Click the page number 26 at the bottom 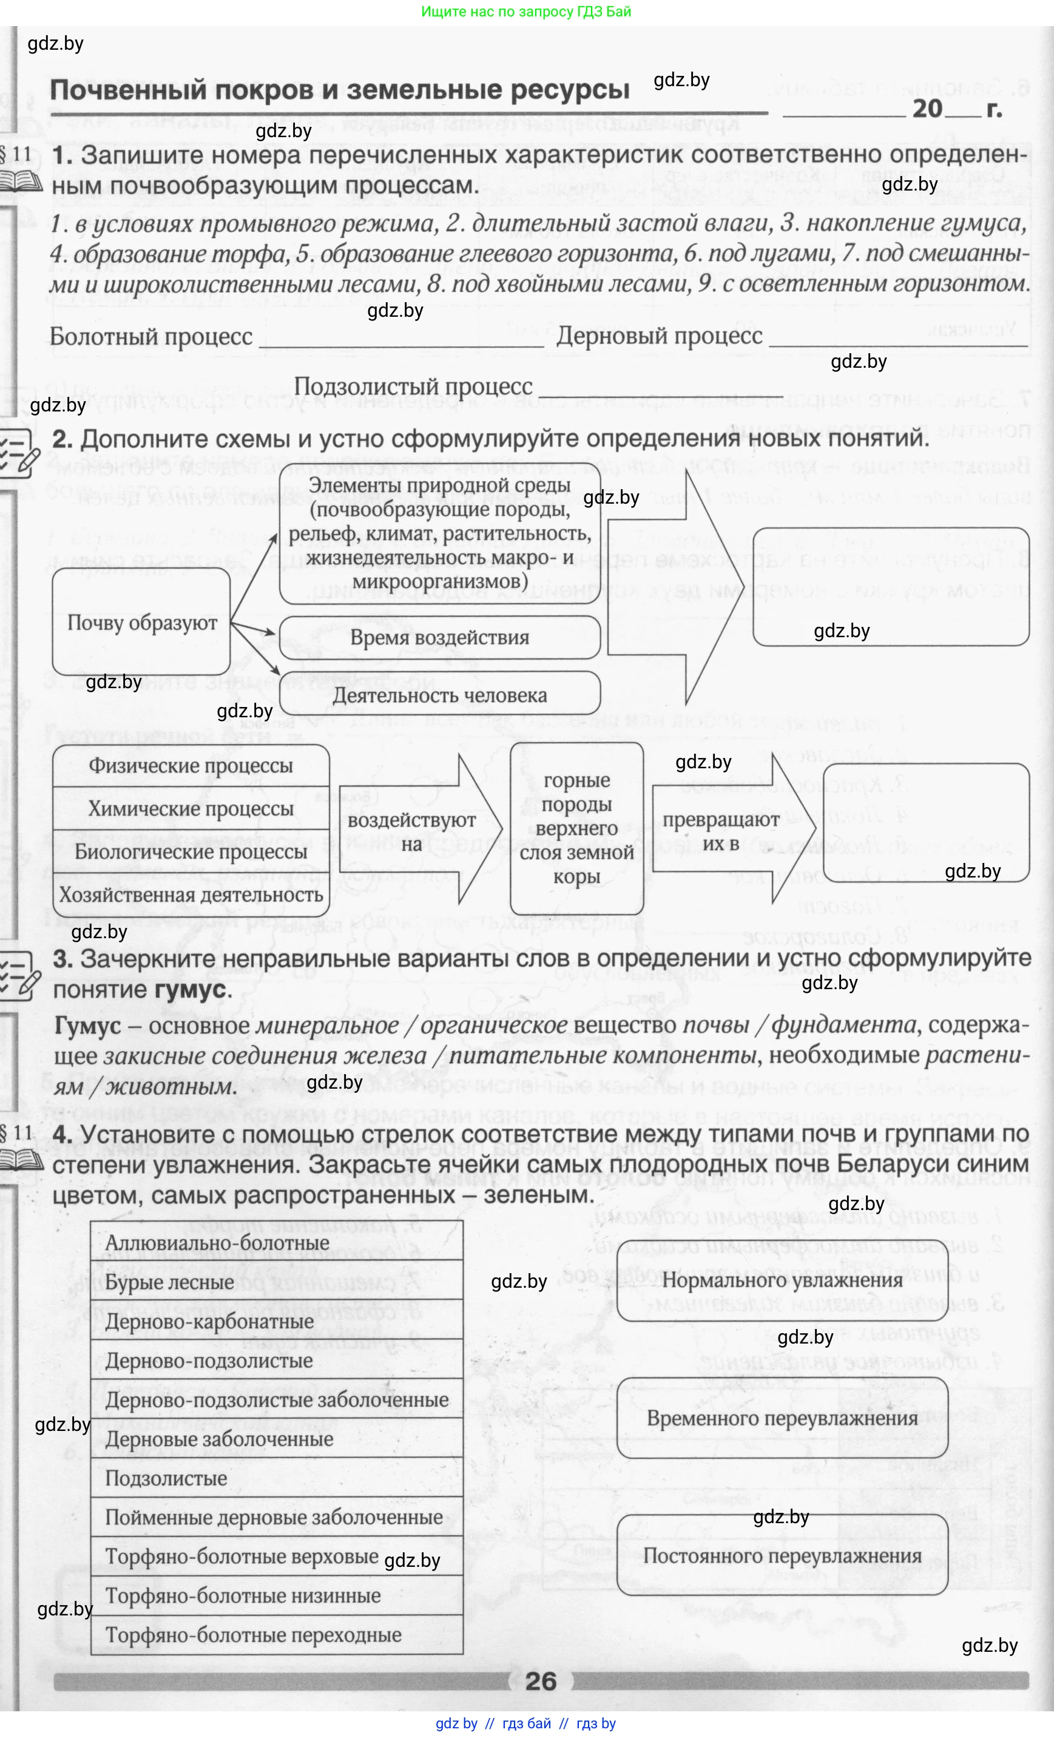[541, 1681]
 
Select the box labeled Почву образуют [141, 623]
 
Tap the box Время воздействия [439, 638]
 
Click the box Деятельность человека [439, 695]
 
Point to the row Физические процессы [191, 766]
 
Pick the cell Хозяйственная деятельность [191, 895]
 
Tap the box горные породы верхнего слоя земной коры [576, 828]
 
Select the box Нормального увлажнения [782, 1280]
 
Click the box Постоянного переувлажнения [782, 1555]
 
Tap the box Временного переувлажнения [782, 1418]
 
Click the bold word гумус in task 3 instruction [191, 990]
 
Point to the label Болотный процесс [151, 336]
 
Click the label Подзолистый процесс [413, 387]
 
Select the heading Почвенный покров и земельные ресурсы [339, 90]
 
